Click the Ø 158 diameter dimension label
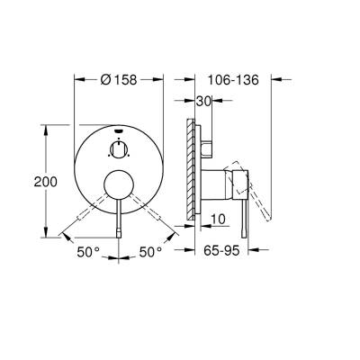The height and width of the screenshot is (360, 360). point(119,80)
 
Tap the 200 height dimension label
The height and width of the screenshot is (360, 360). point(45,182)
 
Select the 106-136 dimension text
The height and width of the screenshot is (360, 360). point(233,80)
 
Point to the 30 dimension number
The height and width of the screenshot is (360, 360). point(204,102)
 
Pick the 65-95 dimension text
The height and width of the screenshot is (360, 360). point(221,250)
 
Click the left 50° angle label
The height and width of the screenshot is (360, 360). point(88,252)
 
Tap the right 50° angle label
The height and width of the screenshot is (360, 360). point(150,252)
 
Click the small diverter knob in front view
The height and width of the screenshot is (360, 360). point(119,148)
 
